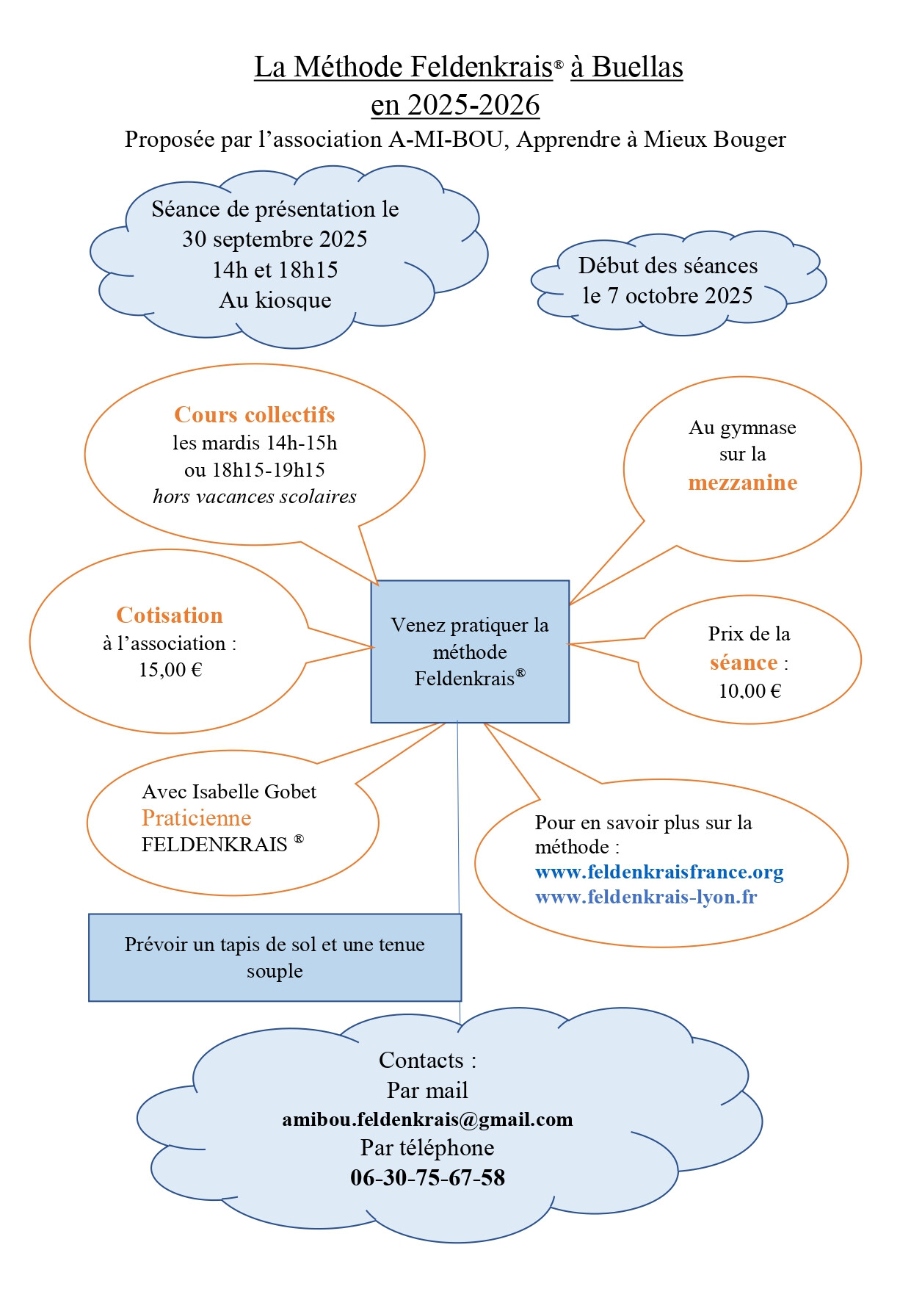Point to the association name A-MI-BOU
pos(446,139)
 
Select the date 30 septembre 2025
pos(275,239)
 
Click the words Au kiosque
pos(275,300)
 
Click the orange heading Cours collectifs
pos(255,415)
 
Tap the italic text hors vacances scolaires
pos(255,497)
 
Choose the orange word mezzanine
pos(742,483)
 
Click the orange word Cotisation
pos(170,615)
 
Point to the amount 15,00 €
pos(170,669)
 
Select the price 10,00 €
pos(750,690)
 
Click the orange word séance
pos(744,662)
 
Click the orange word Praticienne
pos(197,818)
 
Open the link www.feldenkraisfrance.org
pos(659,872)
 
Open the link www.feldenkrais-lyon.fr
pos(646,897)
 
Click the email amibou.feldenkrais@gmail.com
pos(427,1119)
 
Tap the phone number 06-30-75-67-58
pos(427,1178)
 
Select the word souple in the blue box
pos(275,972)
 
